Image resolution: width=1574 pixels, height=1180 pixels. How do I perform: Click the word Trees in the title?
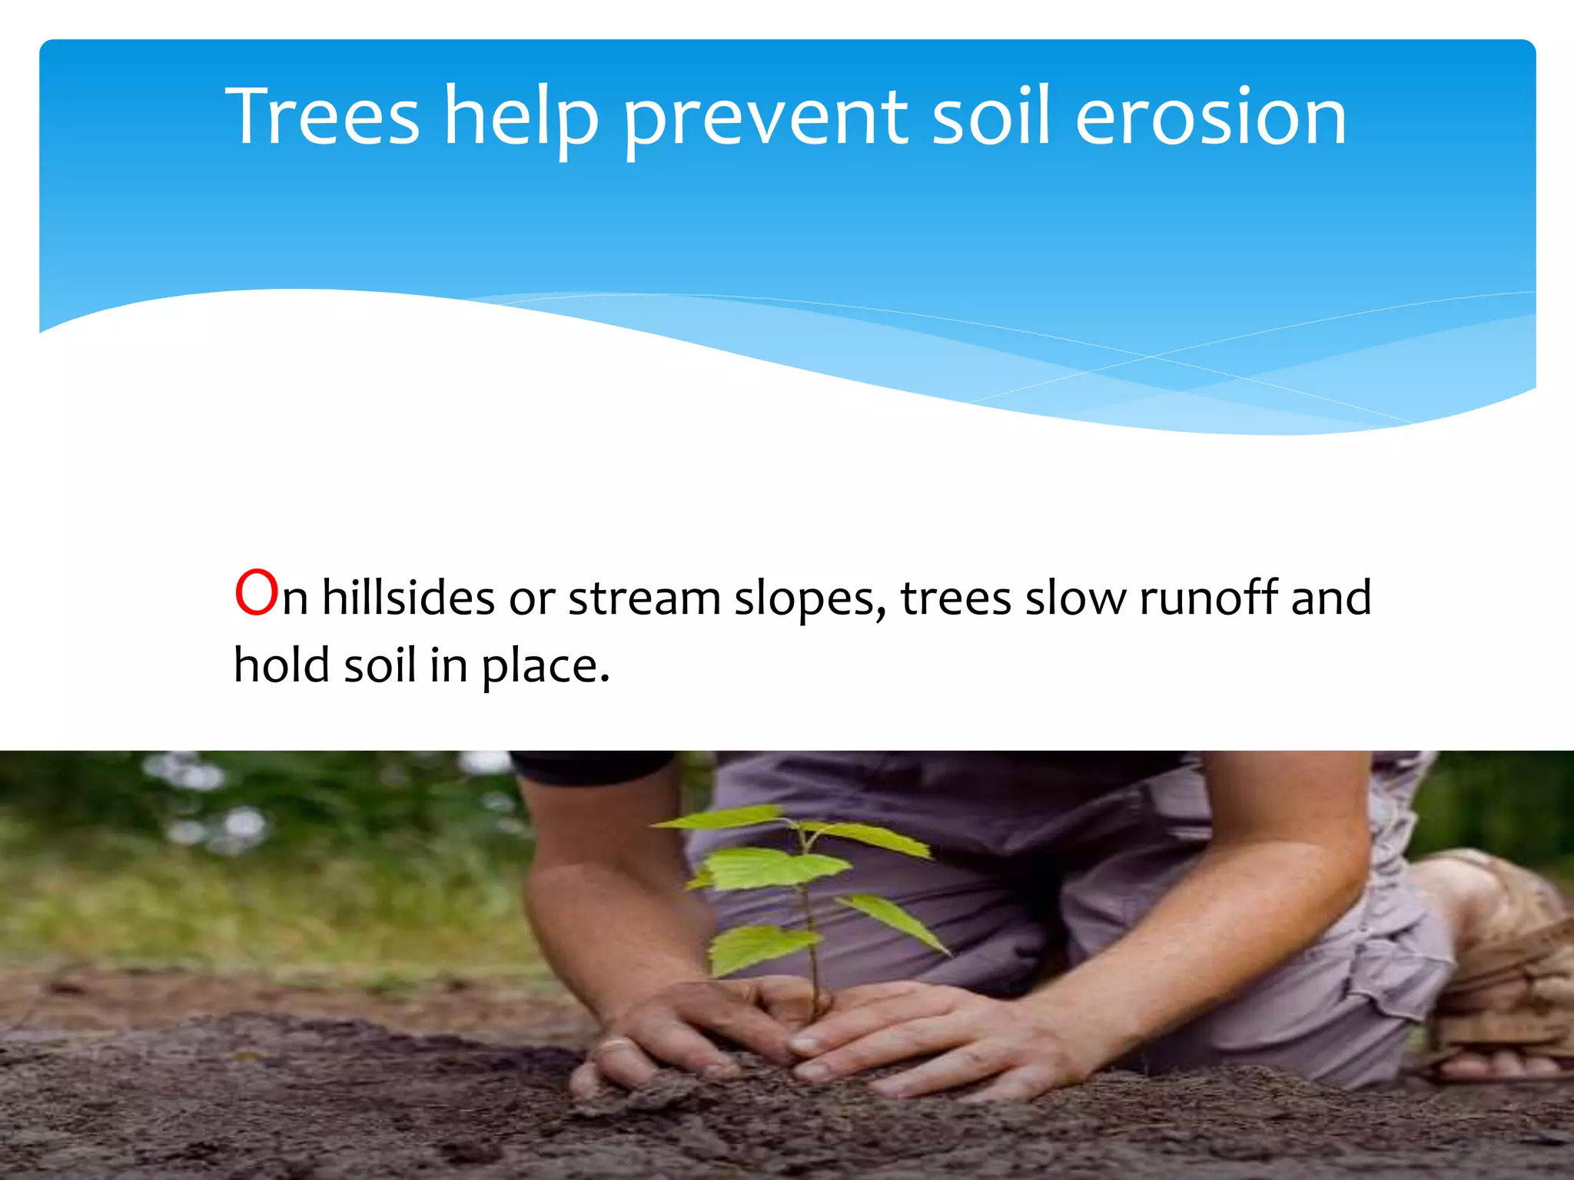pos(323,117)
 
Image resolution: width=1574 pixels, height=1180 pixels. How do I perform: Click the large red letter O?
pos(256,593)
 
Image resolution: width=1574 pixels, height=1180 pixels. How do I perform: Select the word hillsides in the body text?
pos(408,598)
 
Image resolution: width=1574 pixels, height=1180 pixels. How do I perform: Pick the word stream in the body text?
pos(644,598)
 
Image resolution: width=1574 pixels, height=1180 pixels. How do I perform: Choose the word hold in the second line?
pos(281,665)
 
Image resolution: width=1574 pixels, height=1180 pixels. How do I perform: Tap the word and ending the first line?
pos(1331,598)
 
